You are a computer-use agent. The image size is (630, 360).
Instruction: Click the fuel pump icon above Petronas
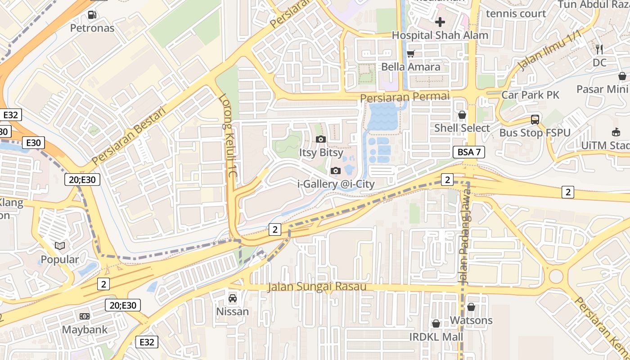92,14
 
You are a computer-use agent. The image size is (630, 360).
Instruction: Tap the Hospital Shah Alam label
440,35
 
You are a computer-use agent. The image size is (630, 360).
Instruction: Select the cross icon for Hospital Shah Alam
440,22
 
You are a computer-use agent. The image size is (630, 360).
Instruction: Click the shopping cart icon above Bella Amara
410,54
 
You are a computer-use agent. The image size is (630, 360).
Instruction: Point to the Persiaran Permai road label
405,97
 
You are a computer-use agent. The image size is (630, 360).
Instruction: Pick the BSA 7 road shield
468,152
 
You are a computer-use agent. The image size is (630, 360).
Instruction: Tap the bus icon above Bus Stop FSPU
535,119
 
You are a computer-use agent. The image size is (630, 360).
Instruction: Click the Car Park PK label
530,95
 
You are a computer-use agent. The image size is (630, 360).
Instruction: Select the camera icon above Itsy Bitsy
321,139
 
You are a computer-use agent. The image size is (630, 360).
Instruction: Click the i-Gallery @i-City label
336,184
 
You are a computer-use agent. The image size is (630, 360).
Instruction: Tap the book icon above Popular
60,246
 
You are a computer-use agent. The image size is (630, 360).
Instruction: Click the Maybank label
85,329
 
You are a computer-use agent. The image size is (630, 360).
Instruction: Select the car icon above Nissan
233,298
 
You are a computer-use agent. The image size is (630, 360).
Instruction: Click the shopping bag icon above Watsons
471,307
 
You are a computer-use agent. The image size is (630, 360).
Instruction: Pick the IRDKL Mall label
436,337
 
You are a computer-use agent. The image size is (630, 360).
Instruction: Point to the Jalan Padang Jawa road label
464,236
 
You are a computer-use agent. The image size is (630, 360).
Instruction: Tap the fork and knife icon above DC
599,49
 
